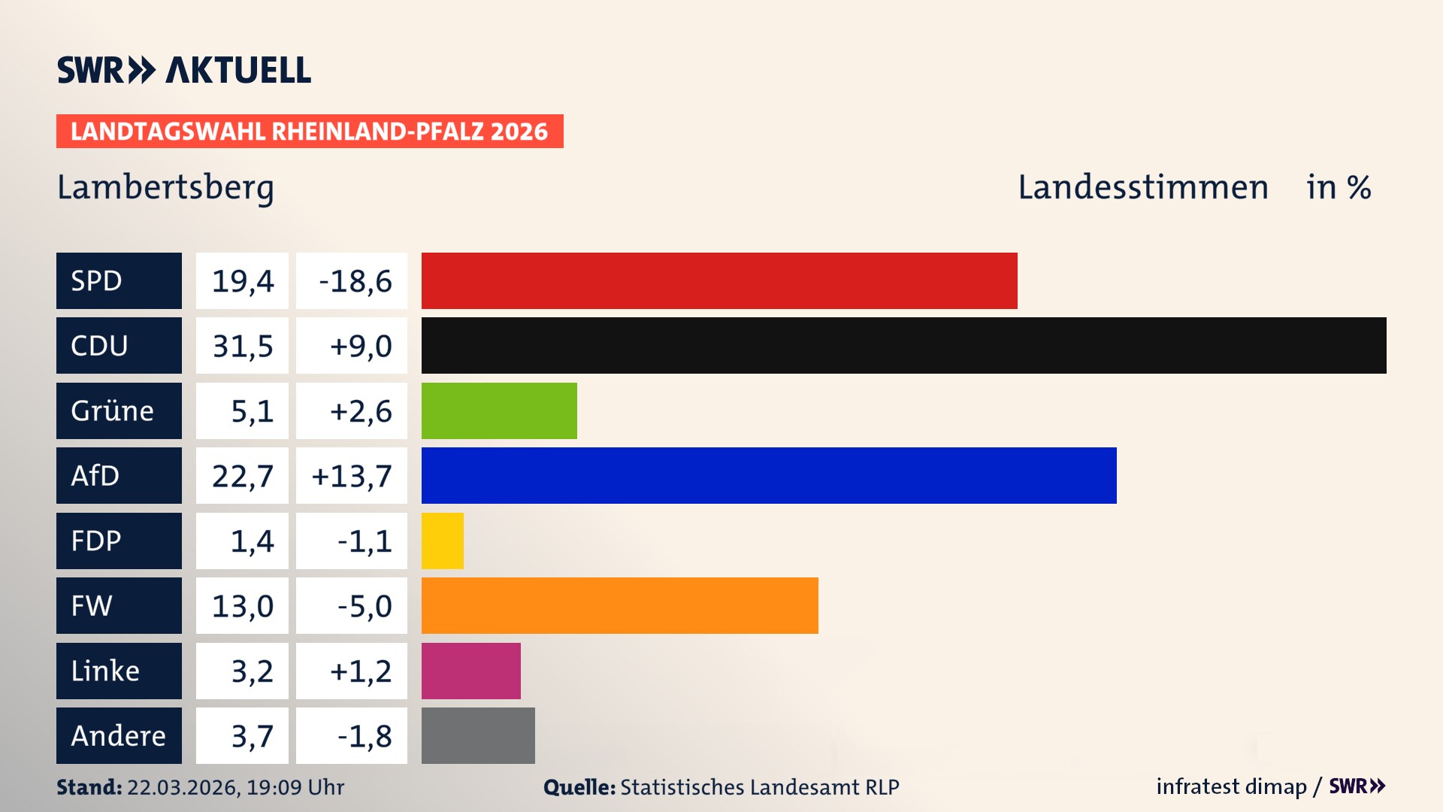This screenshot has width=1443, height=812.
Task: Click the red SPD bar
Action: (719, 280)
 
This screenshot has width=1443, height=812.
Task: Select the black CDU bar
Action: (903, 345)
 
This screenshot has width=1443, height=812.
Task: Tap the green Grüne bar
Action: (499, 411)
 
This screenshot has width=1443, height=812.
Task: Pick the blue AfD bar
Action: (769, 475)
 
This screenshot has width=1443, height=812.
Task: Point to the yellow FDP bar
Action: (442, 541)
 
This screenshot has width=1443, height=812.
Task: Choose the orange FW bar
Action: (619, 605)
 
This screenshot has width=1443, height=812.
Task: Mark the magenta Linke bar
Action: (470, 671)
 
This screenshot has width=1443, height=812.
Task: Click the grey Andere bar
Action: (478, 735)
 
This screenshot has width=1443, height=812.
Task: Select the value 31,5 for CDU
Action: (242, 346)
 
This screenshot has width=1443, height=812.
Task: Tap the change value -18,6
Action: (355, 281)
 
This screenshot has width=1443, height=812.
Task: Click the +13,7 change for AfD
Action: (352, 476)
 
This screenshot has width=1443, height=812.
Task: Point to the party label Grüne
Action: (113, 411)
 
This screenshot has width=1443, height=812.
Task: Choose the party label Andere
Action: (118, 735)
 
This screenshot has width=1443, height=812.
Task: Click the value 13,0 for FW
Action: (242, 606)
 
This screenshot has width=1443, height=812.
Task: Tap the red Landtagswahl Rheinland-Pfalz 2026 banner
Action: (310, 132)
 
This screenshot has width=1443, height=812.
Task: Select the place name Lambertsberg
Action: (165, 188)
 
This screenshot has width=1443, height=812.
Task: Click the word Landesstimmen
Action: (1142, 187)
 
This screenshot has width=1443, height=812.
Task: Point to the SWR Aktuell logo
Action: (184, 70)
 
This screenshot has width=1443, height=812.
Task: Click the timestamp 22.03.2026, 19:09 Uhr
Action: (235, 787)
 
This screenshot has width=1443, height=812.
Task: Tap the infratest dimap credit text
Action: (1230, 786)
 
